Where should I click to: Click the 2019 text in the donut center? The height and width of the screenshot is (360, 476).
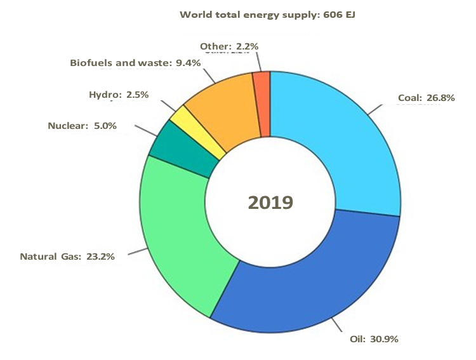pyautogui.click(x=270, y=203)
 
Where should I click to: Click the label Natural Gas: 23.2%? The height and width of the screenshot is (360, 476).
pyautogui.click(x=67, y=257)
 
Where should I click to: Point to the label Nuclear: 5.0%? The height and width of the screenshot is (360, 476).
pyautogui.click(x=83, y=126)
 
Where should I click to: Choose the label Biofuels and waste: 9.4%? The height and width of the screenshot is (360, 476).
pyautogui.click(x=135, y=63)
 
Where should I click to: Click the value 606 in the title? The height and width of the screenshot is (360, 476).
pyautogui.click(x=329, y=14)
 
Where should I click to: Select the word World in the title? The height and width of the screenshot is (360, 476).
pyautogui.click(x=194, y=14)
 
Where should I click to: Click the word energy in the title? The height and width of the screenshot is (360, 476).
pyautogui.click(x=261, y=14)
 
